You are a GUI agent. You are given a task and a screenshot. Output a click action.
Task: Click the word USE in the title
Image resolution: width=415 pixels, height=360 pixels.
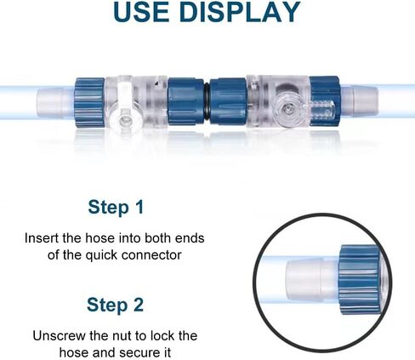142,12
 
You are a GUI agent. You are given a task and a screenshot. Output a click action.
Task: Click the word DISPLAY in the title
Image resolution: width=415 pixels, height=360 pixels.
240,12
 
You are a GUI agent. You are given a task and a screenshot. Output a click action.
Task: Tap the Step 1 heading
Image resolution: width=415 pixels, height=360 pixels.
116,207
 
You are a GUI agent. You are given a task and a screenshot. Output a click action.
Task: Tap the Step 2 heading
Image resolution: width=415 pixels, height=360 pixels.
115,305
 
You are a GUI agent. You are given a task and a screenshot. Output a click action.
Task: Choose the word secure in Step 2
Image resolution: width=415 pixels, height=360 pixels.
137,353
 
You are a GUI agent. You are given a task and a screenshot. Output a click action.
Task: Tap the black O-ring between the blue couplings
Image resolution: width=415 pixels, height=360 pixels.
207,101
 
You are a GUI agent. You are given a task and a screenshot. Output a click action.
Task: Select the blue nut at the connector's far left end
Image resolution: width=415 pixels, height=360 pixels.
90,103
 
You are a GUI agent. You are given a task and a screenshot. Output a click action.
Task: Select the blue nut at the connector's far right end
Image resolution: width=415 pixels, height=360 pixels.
325,101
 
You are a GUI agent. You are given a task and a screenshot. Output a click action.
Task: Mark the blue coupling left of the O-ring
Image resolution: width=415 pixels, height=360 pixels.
185,101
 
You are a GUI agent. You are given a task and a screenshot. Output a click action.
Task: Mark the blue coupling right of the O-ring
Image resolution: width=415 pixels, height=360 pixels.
229,101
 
